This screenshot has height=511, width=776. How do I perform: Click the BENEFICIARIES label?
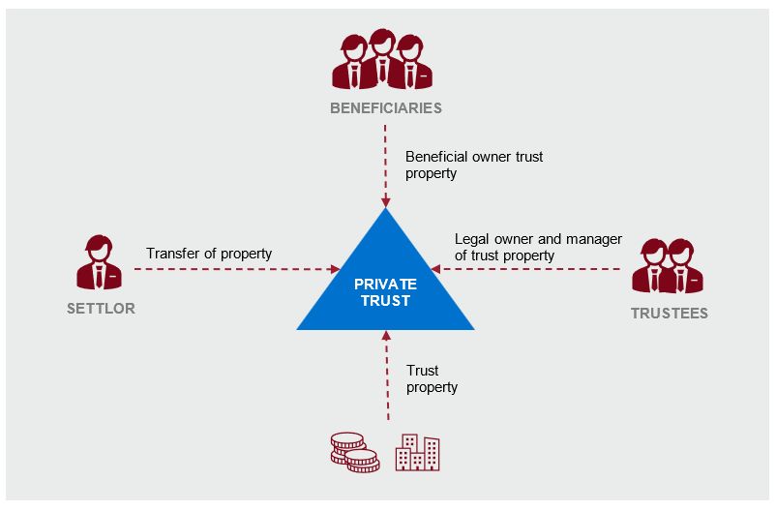[x=385, y=107]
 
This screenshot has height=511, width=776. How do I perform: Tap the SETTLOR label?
[x=101, y=309]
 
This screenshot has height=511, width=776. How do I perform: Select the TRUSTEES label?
[x=669, y=313]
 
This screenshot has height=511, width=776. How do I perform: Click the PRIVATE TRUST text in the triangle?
[x=385, y=292]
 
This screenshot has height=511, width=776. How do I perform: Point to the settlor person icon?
[x=101, y=262]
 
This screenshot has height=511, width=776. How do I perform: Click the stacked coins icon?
[x=353, y=451]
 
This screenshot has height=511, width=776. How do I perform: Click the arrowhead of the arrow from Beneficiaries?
[x=385, y=202]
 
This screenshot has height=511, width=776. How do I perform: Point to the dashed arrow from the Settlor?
[x=232, y=269]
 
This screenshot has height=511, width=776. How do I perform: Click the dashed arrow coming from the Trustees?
[x=532, y=269]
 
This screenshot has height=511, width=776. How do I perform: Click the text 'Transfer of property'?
[x=209, y=254]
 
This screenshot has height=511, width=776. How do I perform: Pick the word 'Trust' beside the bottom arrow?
[x=423, y=371]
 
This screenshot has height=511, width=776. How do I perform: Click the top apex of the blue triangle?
[x=385, y=212]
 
